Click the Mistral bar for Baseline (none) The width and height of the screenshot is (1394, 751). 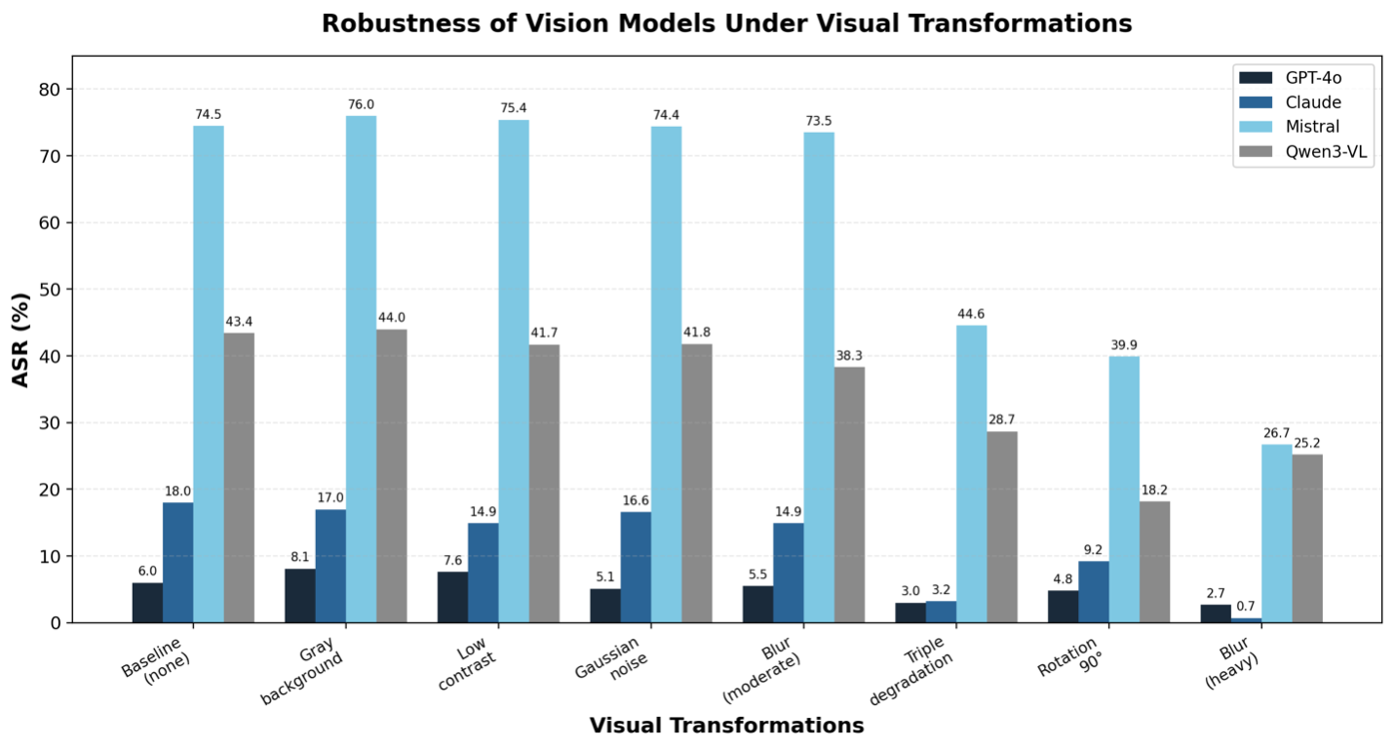209,374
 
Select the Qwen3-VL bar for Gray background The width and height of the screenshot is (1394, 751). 392,476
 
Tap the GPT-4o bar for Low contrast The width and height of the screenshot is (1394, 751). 453,597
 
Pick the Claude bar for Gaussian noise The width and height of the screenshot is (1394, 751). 636,568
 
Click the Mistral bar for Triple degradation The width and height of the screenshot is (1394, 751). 972,474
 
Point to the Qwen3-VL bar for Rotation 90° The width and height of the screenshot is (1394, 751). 1154,562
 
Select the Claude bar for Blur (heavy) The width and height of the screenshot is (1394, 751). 1246,620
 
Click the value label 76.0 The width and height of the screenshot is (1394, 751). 361,104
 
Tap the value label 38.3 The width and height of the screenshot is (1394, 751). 849,356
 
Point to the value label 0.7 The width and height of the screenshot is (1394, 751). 1246,606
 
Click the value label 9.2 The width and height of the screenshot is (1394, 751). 1094,550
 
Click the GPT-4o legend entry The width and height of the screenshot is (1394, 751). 1292,78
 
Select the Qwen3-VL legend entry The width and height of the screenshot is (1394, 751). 1303,152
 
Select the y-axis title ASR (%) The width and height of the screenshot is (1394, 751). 20,340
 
